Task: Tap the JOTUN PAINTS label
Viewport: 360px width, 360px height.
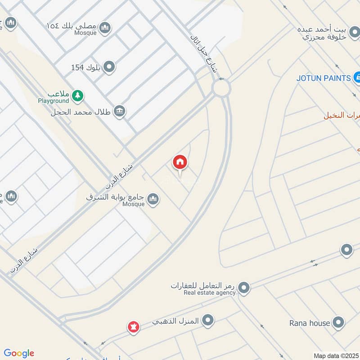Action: pos(323,78)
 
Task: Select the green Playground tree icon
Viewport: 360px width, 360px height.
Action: pos(78,95)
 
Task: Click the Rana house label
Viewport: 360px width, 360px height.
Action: pos(310,323)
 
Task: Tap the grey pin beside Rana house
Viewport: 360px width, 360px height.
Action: pos(338,323)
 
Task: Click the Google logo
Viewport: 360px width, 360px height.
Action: pos(19,353)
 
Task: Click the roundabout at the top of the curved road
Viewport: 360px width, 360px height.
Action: pos(221,88)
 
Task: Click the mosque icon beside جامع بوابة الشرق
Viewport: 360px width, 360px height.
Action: pos(153,199)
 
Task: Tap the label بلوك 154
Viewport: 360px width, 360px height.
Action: pos(85,67)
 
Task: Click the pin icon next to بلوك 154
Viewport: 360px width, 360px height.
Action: pos(109,67)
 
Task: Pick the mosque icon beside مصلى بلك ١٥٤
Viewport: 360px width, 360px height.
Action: pos(105,27)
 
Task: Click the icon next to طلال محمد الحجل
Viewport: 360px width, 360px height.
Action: pos(119,111)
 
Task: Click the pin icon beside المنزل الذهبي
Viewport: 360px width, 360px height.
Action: pos(208,320)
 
